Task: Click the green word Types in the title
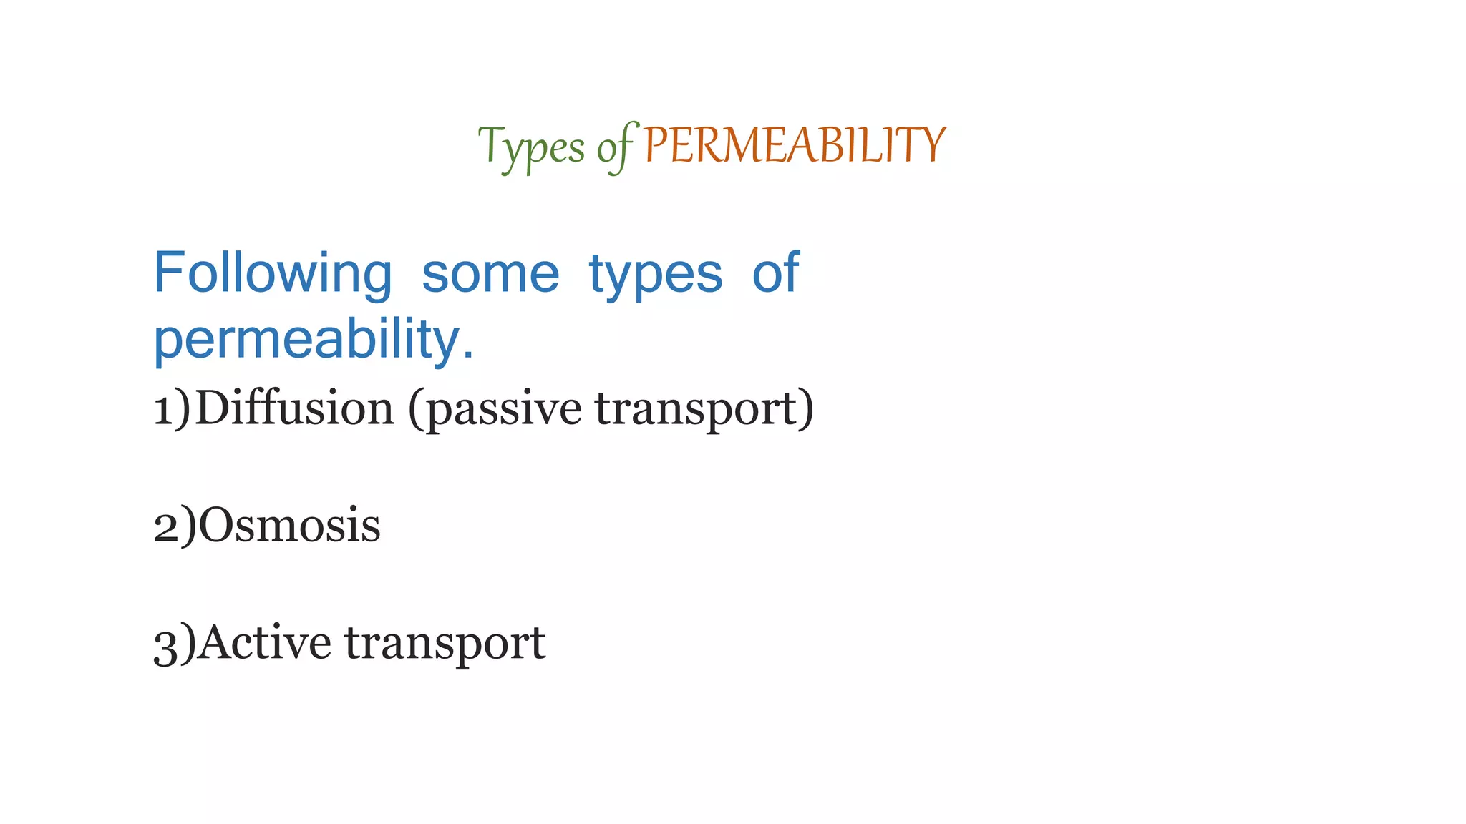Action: click(x=531, y=147)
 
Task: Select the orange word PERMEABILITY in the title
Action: click(x=794, y=145)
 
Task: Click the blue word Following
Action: click(x=273, y=274)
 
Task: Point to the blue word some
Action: click(x=490, y=274)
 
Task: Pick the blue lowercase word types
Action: click(x=655, y=275)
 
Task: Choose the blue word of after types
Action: click(x=775, y=273)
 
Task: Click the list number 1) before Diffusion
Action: click(x=173, y=409)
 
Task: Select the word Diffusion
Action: click(x=294, y=408)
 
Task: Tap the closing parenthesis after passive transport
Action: click(x=807, y=409)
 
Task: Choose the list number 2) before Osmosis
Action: click(x=175, y=526)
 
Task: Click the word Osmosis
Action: click(x=289, y=526)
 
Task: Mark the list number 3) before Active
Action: click(x=175, y=644)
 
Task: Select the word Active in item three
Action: click(x=264, y=642)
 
